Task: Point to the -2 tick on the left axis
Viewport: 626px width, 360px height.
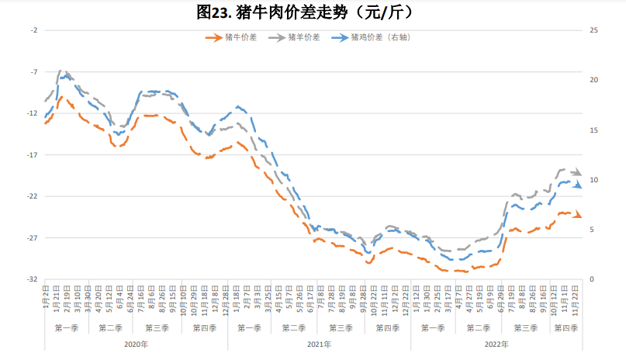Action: click(33, 30)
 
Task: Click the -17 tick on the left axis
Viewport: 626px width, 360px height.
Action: click(33, 154)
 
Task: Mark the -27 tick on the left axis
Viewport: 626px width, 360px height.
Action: click(33, 237)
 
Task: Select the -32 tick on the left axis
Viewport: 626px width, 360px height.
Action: click(33, 279)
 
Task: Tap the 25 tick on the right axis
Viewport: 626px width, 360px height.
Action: click(593, 30)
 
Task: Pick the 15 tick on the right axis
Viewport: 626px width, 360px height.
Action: click(593, 130)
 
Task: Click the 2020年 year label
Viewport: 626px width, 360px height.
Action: click(136, 344)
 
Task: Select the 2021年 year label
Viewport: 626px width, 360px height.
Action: click(320, 344)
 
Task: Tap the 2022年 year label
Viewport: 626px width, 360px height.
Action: click(496, 344)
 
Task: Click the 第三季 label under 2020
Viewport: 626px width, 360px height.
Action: click(158, 328)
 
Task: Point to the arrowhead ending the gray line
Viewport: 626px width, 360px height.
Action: click(578, 173)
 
